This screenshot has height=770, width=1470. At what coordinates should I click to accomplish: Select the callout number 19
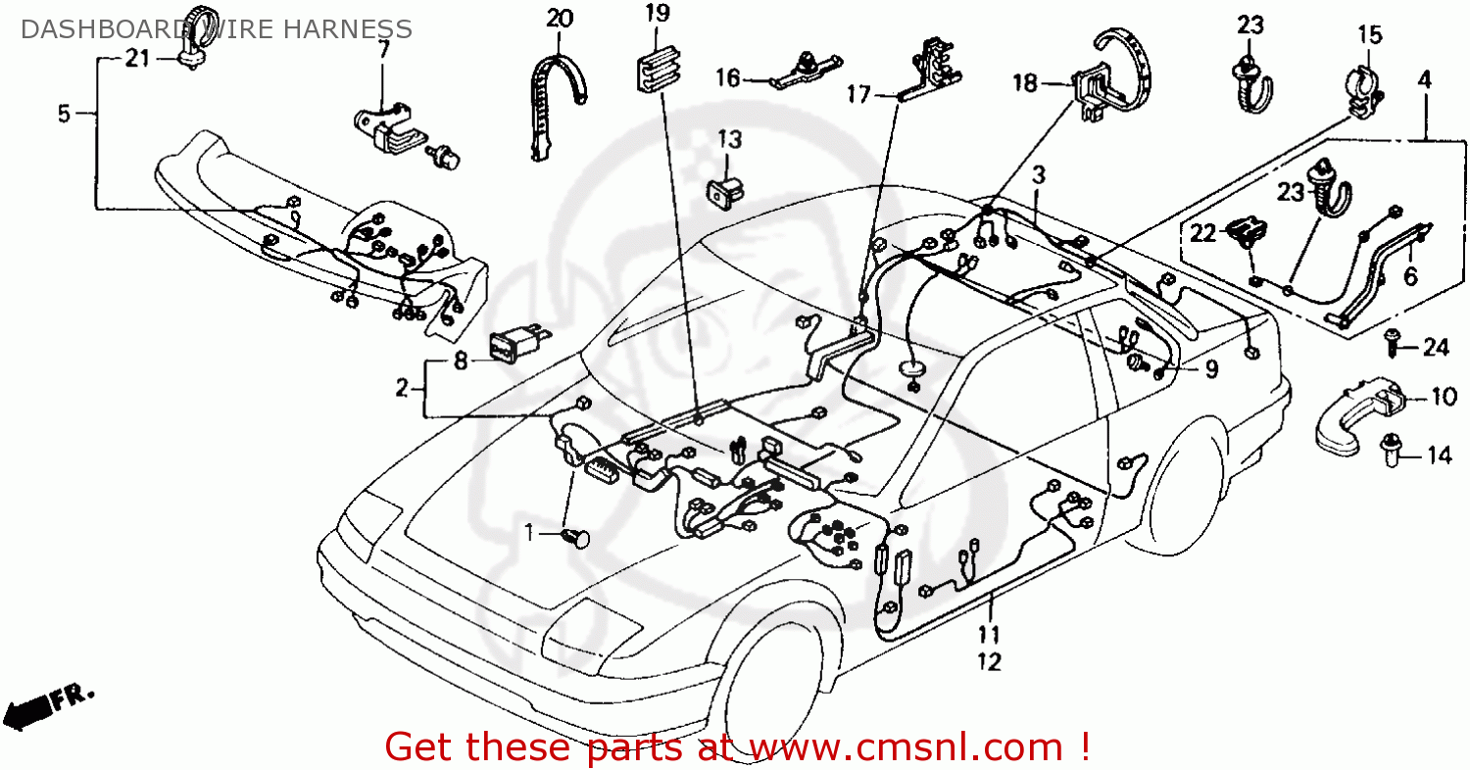657,13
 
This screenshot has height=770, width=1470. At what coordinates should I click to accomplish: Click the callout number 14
1438,455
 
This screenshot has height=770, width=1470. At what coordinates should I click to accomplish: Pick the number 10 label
1444,397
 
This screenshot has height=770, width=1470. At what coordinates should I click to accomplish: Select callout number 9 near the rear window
1211,369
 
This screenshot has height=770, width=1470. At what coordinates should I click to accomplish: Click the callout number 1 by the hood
529,534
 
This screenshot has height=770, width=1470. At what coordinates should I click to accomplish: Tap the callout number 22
1202,233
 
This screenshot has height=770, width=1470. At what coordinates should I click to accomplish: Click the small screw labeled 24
1392,339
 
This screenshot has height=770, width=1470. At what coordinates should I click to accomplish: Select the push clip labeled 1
577,537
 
